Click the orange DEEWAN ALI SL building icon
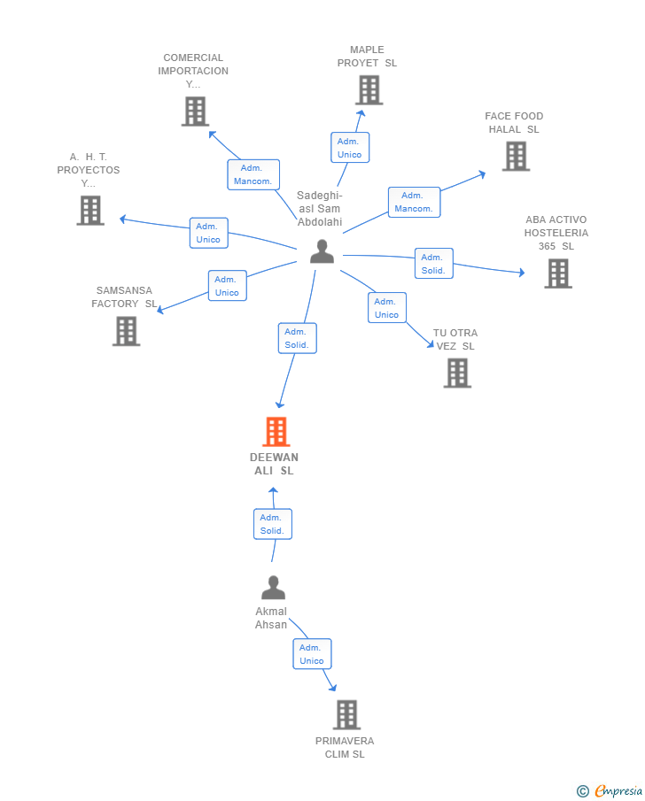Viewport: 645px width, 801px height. pos(276,432)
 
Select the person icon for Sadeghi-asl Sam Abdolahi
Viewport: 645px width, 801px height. pos(322,251)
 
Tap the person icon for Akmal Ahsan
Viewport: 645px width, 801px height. pos(273,588)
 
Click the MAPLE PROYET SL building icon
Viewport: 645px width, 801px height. pos(369,90)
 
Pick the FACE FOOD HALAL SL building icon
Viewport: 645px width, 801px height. pos(516,156)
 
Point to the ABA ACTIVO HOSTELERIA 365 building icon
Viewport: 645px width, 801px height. pos(557,273)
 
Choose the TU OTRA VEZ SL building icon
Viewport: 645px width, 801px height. pos(457,374)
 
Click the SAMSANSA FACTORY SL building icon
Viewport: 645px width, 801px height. pos(127,331)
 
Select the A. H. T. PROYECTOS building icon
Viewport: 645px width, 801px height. pos(90,211)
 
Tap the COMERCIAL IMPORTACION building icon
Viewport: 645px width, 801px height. pos(195,112)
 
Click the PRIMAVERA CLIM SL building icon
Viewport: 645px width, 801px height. pos(346,715)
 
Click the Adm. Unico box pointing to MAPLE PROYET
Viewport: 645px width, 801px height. pos(350,148)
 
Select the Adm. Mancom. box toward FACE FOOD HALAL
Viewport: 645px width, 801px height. pos(414,202)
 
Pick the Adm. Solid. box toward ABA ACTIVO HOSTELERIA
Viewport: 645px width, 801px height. pos(433,264)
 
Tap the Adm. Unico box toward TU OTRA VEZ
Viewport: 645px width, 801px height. pos(386,308)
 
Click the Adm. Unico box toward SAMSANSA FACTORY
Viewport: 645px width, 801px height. pos(227,286)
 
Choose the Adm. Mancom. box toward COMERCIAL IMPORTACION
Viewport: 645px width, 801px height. pos(253,174)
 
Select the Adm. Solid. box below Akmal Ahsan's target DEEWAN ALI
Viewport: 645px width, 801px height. pos(272,524)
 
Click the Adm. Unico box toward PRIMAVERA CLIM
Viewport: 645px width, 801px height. pos(312,654)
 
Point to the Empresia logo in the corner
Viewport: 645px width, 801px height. pos(610,791)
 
